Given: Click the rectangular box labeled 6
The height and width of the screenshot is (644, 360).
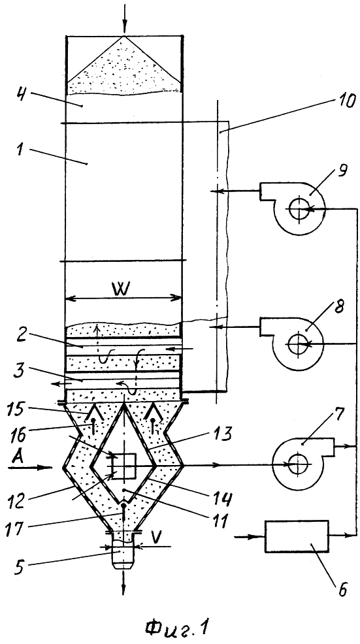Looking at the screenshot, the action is (x=297, y=536).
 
